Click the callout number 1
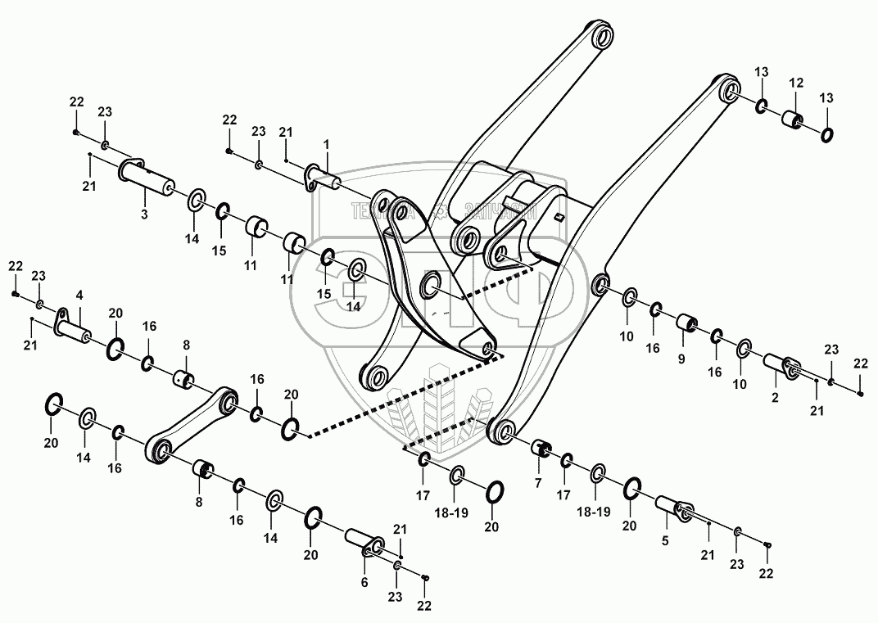coord(326,143)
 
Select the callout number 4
coord(79,294)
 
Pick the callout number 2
coord(776,398)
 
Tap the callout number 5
coord(665,540)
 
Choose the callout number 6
coord(365,582)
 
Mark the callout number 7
coord(538,483)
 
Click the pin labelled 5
coord(673,512)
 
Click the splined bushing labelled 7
coord(541,449)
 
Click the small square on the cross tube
coord(559,217)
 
